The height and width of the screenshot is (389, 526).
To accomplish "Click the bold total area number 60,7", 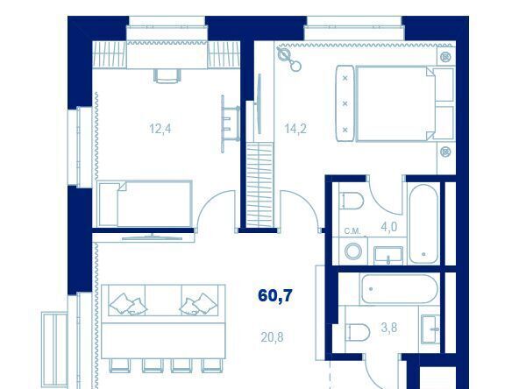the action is click(275, 296).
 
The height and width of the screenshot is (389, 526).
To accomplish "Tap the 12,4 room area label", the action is click(160, 129).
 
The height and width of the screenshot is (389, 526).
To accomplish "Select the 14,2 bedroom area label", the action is click(295, 129).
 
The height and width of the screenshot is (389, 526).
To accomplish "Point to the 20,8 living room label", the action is click(272, 337).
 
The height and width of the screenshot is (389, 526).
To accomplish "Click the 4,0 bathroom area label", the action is click(388, 227).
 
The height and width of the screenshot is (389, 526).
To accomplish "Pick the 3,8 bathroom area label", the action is click(389, 328).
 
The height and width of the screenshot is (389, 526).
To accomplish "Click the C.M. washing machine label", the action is click(352, 231).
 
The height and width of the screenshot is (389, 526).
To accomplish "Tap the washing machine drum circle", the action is click(353, 251).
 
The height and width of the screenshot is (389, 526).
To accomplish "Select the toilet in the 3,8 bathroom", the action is click(358, 332).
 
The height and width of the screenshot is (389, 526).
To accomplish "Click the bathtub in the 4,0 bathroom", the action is click(423, 223).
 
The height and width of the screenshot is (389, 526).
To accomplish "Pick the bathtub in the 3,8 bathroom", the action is click(399, 289).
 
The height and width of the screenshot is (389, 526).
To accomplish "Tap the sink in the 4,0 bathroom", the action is click(388, 255).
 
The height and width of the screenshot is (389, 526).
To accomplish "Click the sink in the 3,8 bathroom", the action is click(430, 329).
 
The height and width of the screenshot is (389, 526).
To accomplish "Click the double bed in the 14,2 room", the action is click(396, 103).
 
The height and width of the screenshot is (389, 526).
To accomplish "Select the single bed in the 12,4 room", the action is click(145, 204).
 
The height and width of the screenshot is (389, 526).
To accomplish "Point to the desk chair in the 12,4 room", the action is click(167, 76).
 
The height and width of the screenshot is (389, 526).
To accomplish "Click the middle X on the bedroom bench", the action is click(345, 104).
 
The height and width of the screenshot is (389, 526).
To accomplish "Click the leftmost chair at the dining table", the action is click(119, 365).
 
